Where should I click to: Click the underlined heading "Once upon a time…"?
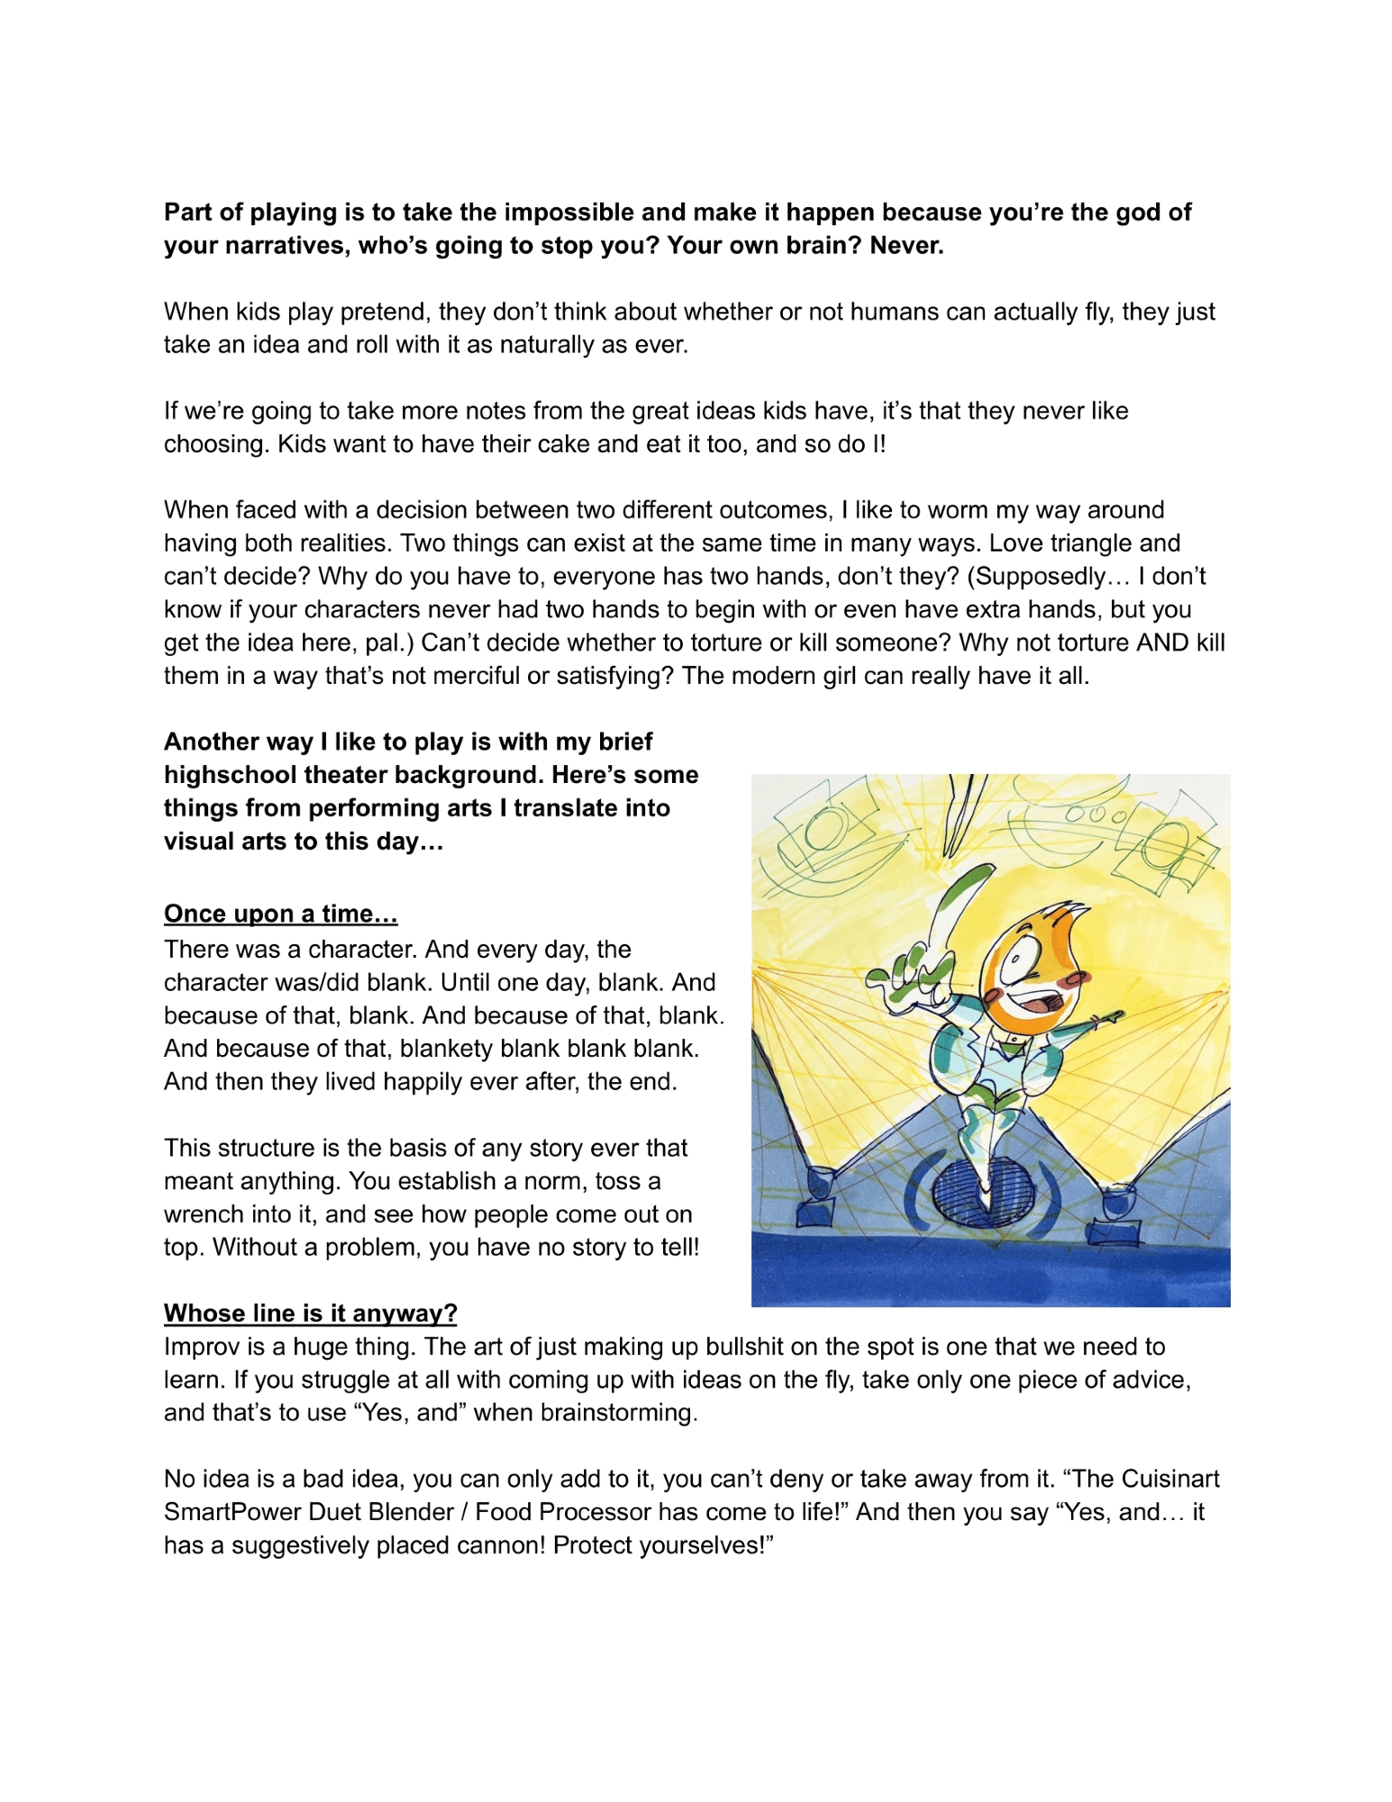coord(280,914)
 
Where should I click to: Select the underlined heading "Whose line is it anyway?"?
coord(310,1313)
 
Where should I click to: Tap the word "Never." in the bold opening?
coord(906,245)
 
